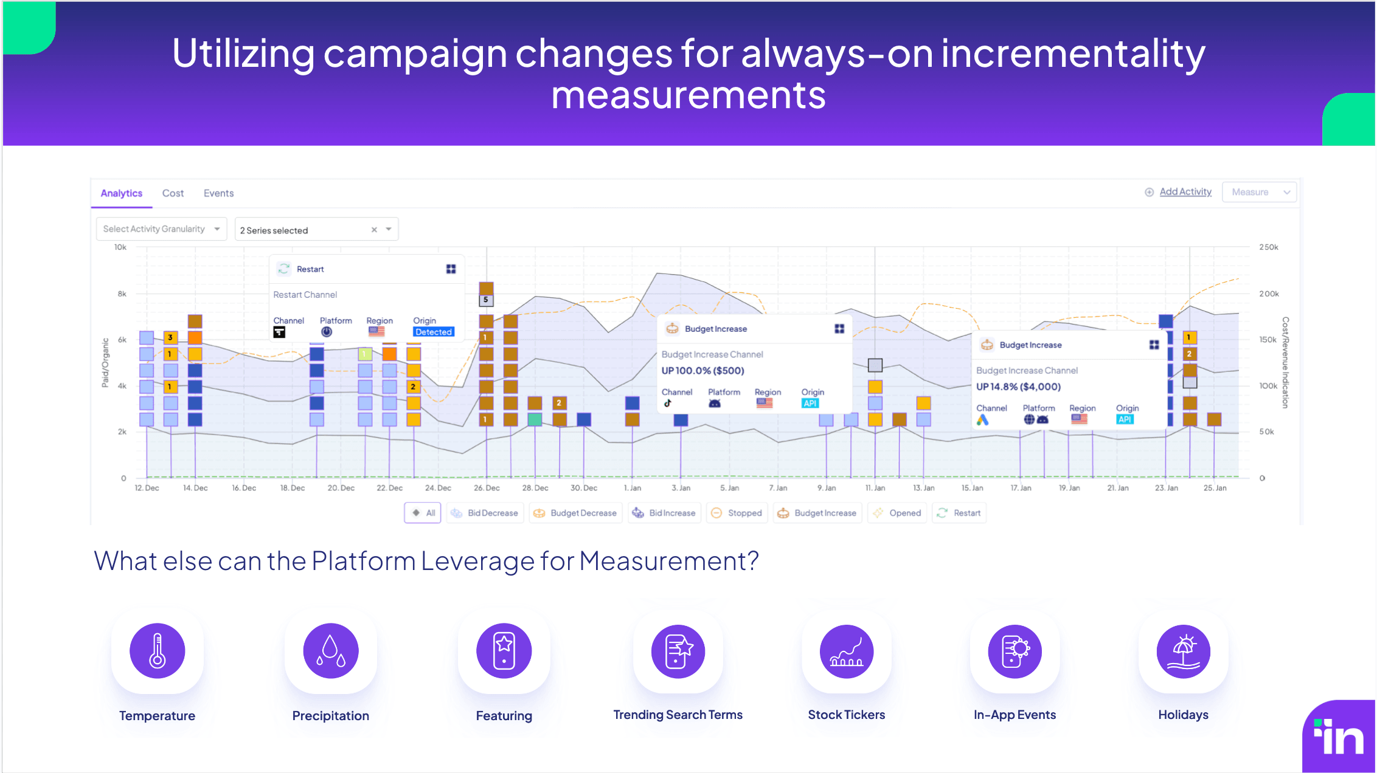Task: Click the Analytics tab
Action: pos(121,193)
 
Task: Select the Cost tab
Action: pos(173,193)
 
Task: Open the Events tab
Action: pos(218,193)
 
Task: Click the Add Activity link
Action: pos(1185,192)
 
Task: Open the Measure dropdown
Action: pos(1259,192)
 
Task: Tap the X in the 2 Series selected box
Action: pos(374,230)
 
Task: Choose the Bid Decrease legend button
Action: pos(485,513)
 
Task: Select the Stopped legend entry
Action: pos(737,513)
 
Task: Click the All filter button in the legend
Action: pos(423,513)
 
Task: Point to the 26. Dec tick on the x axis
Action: pos(487,488)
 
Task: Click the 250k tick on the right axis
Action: pos(1268,247)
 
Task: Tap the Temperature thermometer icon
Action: pos(157,651)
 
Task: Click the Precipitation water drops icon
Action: pos(330,651)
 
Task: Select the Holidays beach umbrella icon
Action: pos(1183,651)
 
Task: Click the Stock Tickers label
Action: pos(846,715)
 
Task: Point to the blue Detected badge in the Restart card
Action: pos(434,332)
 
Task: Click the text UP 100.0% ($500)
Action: pos(702,371)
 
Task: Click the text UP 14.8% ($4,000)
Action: pos(1018,386)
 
